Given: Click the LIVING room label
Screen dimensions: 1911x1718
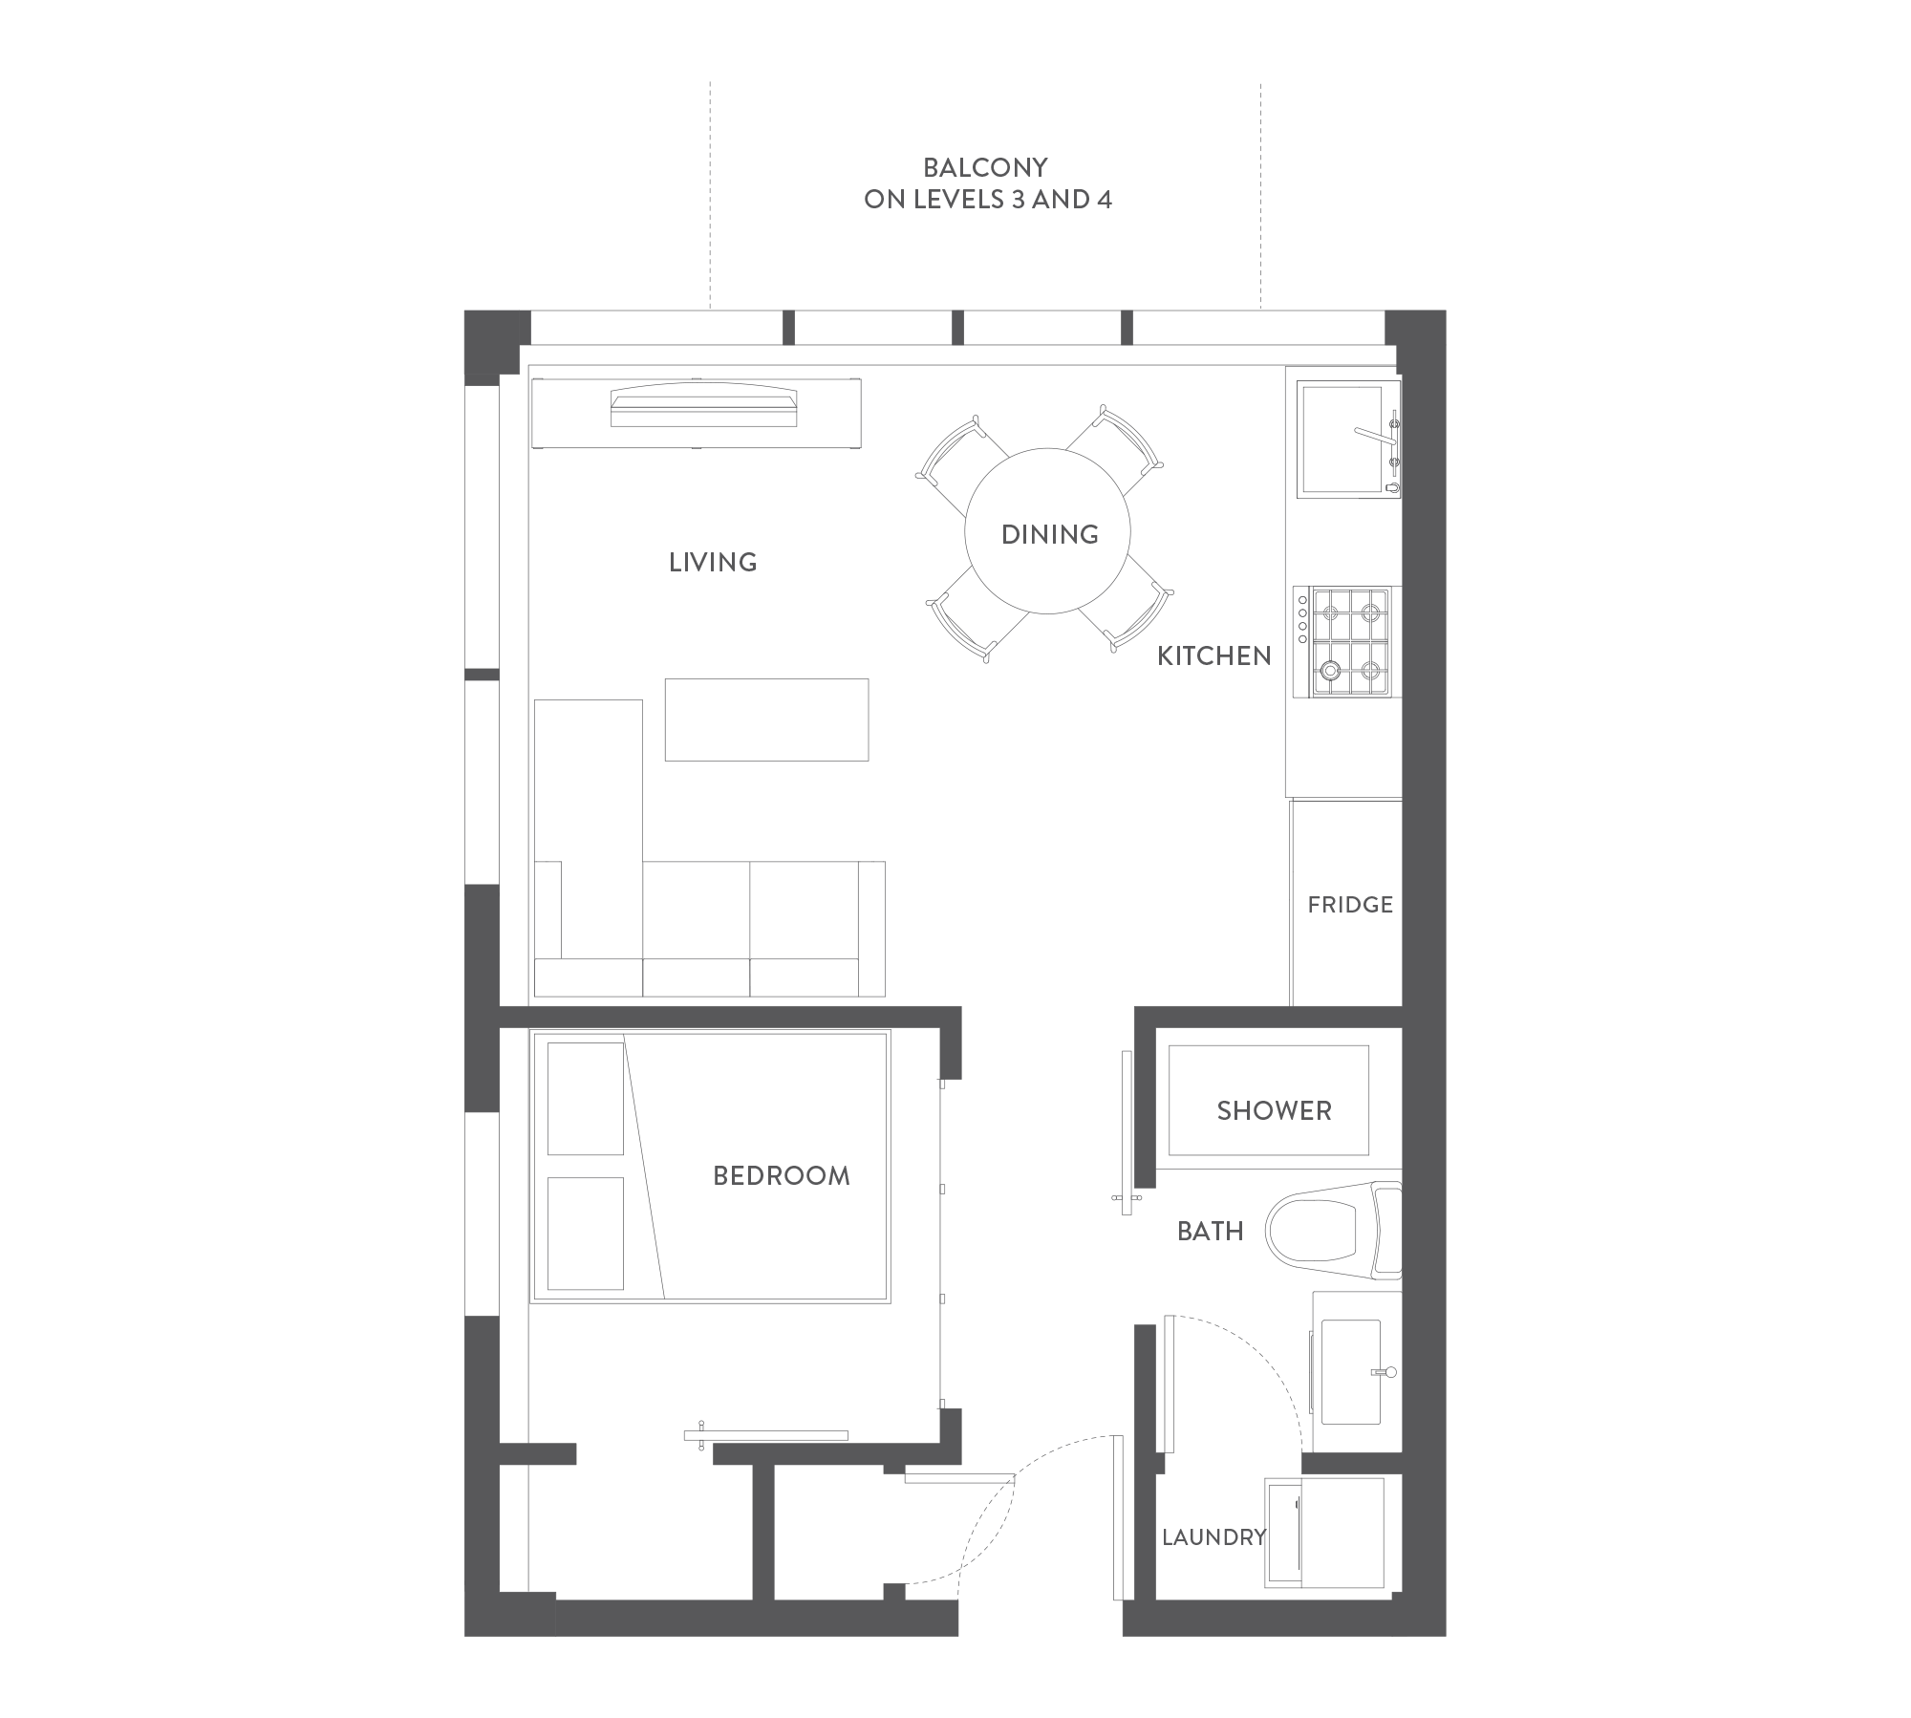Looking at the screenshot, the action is (713, 562).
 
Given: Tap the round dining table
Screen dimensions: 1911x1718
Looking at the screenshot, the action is (1047, 532).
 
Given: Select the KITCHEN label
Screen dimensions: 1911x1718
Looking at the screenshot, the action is (1214, 655).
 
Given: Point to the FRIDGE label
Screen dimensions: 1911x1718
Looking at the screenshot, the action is (1350, 904).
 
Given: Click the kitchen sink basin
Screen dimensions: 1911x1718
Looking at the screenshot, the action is (1340, 440).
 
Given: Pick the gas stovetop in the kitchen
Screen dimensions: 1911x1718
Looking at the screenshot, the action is (1350, 642).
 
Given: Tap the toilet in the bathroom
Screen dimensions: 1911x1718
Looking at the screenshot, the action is (1334, 1230).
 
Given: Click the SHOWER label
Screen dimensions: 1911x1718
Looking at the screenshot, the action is (1274, 1110).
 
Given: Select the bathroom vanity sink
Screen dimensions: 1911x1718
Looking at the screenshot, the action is (1350, 1371).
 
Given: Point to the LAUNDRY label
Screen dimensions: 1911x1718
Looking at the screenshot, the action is (1213, 1537).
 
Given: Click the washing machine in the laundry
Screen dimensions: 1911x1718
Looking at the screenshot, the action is (1324, 1533).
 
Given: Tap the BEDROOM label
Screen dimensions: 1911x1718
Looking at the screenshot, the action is (782, 1175).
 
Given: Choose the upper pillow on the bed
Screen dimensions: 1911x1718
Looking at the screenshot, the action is (585, 1099).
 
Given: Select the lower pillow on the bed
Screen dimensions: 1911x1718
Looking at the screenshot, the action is (585, 1234).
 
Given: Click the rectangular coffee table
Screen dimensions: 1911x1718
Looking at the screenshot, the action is (766, 719).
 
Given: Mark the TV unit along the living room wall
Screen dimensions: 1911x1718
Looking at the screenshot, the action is (697, 412).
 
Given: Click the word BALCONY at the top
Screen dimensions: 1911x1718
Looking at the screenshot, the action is (985, 168).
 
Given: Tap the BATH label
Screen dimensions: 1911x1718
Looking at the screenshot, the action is (1210, 1231).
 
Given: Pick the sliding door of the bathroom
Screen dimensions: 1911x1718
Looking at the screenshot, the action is (1127, 1132).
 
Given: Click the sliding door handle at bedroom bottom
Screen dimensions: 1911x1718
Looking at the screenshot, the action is (701, 1435).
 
